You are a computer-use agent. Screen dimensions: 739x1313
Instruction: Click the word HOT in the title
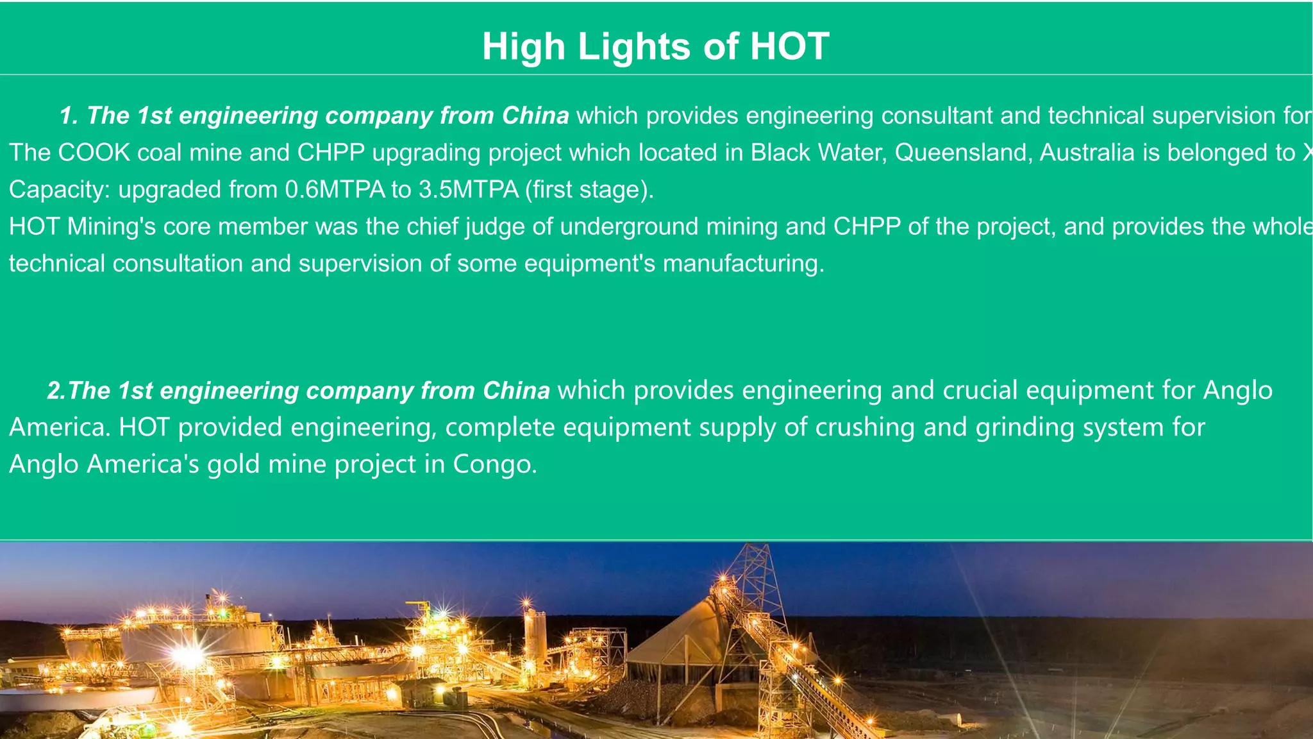(x=789, y=47)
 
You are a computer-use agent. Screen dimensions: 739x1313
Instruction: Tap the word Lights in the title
(x=634, y=47)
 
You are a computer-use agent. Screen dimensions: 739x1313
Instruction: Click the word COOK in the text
(x=94, y=153)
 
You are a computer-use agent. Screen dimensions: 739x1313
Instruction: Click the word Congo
(x=495, y=464)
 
